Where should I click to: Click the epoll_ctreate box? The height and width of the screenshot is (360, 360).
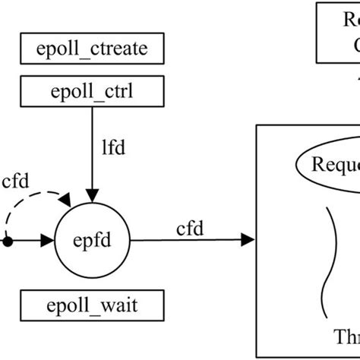point(91,52)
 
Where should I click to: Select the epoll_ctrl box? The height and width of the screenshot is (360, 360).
point(91,93)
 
